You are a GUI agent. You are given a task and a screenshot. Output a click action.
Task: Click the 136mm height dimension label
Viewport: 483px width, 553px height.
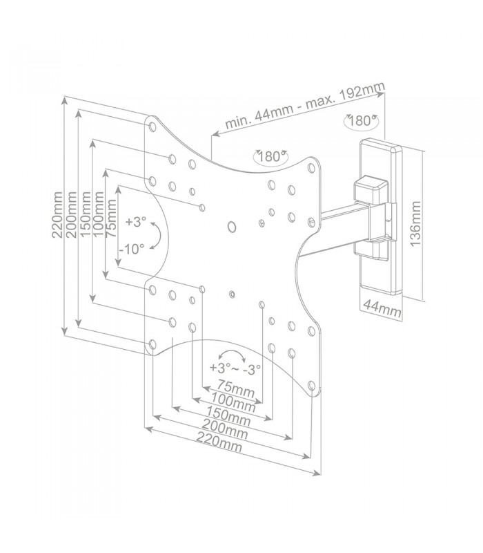[x=415, y=223]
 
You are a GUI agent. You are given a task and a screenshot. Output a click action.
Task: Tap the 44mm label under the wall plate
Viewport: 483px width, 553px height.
[x=382, y=308]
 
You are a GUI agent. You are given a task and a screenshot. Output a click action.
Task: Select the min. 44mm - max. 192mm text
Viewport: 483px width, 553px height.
[x=305, y=105]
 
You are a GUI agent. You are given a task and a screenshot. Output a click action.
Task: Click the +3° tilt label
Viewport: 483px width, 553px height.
[x=135, y=222]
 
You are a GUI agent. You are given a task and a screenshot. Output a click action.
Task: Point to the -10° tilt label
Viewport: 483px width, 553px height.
[x=132, y=250]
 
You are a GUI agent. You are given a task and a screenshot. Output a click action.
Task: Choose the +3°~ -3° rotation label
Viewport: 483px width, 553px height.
[x=235, y=368]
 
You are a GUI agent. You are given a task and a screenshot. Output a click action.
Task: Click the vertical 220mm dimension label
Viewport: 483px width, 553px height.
[x=57, y=215]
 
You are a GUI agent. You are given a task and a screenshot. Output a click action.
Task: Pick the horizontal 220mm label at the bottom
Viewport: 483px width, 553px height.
[x=219, y=442]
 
